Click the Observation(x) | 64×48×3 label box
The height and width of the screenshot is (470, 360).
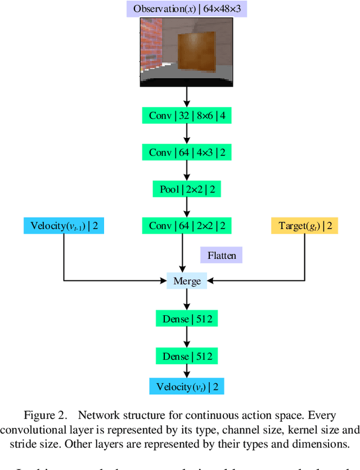coord(186,9)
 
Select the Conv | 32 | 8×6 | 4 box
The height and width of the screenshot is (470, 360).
coord(186,116)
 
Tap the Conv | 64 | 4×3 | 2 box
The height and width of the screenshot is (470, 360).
coord(186,153)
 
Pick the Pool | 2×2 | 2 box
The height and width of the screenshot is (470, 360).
coord(186,189)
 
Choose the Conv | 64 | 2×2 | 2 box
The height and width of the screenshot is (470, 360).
coord(186,226)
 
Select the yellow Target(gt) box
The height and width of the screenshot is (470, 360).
coord(304,226)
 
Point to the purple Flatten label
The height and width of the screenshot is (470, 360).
coord(221,255)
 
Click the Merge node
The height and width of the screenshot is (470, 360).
coord(187,280)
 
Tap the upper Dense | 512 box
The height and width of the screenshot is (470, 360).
coord(186,319)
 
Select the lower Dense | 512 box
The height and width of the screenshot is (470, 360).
coord(186,356)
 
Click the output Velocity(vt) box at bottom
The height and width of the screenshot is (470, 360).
coord(186,386)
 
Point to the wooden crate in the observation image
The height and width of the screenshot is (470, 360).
coord(196,52)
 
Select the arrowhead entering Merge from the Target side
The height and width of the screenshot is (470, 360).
coord(211,280)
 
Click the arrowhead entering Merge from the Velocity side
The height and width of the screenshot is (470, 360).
coord(163,280)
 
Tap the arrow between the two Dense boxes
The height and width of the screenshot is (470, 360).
coord(186,337)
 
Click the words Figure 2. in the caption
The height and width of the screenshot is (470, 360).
coord(44,415)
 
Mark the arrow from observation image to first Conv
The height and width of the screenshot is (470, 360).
coord(186,97)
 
